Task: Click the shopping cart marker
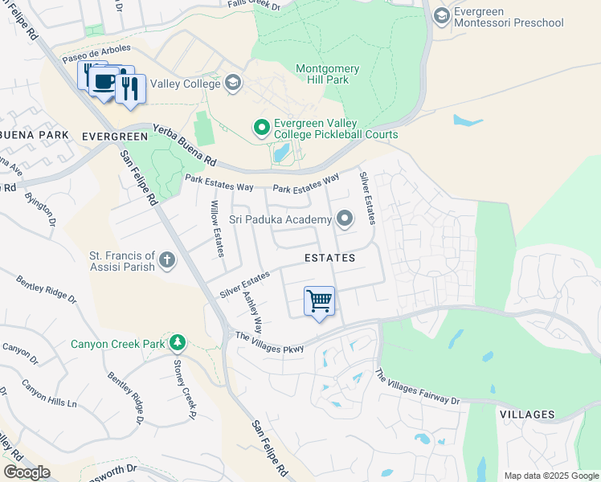319,301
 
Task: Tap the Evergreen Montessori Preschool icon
441,16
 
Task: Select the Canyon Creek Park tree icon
176,345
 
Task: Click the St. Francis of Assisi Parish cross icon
166,259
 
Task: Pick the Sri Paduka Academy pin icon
345,219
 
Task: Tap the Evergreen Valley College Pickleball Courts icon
261,128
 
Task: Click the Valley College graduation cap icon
232,83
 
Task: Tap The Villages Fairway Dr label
417,388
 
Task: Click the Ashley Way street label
252,312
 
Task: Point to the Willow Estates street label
215,230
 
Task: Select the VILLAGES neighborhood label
527,415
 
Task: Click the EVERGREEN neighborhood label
115,137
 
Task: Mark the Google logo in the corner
26,472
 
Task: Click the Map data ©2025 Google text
550,476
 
